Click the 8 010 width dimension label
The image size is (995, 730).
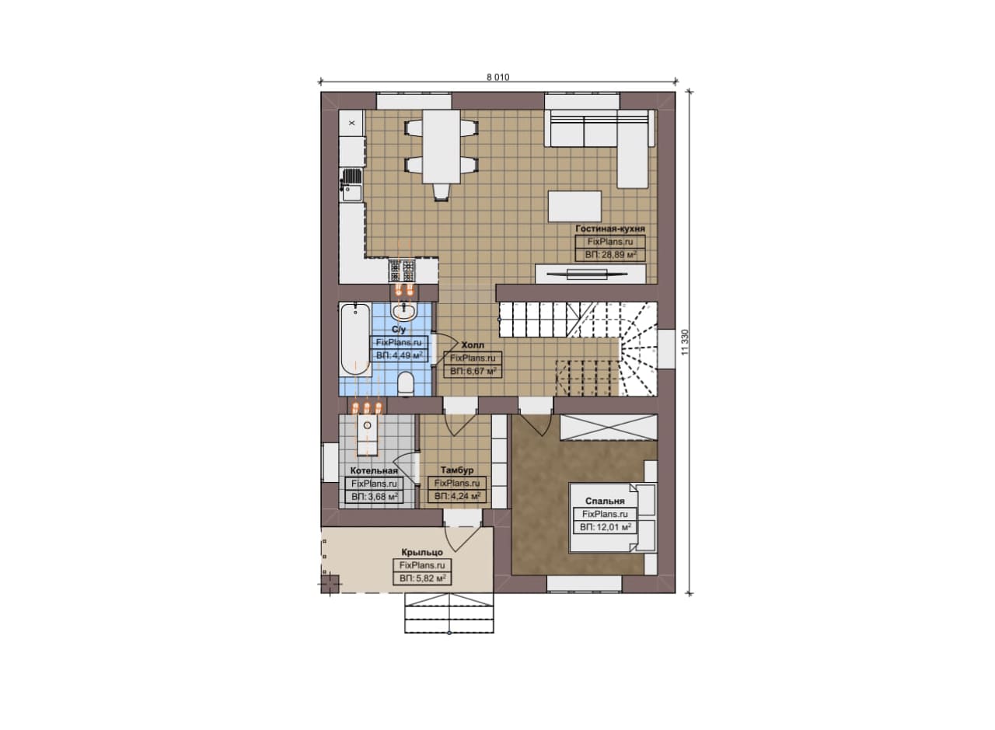pos(498,77)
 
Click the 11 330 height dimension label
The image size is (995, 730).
pos(685,341)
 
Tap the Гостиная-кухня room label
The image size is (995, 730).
pos(610,229)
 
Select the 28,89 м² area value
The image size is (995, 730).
pos(611,255)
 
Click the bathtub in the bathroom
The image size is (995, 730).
pos(355,340)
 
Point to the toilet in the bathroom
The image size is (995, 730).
pos(406,384)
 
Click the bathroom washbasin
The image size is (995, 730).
pos(403,312)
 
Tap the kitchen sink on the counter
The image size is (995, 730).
pos(351,185)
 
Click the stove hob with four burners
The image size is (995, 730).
pos(402,271)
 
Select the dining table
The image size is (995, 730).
pos(441,146)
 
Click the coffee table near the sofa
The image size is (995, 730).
pos(574,206)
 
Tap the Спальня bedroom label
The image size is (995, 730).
pos(605,501)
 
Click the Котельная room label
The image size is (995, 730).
pos(374,470)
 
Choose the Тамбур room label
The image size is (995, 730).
pos(456,470)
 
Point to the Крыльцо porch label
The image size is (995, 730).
pos(422,552)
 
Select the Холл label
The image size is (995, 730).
pos(473,344)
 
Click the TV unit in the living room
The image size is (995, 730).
pos(590,274)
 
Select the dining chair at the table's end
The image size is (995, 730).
pos(441,192)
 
